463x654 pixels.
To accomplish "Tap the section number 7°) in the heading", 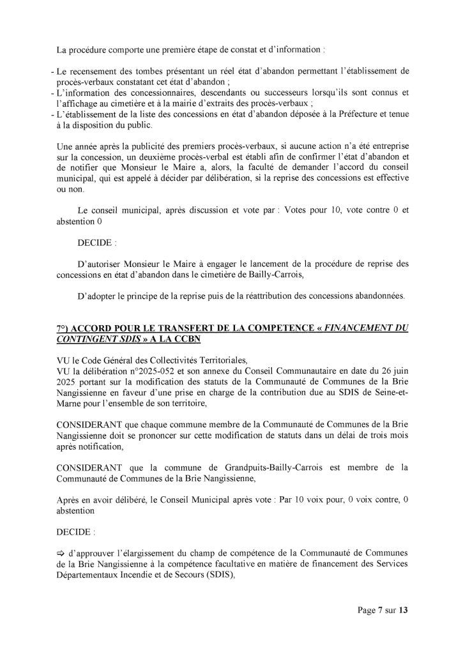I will [x=65, y=327].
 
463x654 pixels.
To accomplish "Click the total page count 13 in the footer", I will [x=402, y=609].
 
